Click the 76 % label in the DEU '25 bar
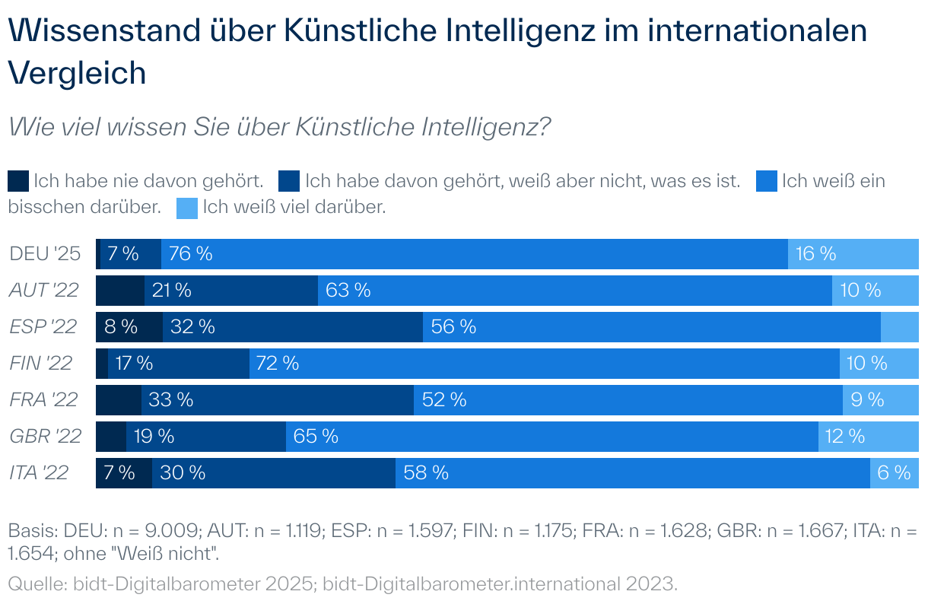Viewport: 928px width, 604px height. click(191, 254)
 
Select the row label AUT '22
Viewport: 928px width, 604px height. click(44, 290)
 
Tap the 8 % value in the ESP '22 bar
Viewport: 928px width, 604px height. click(120, 327)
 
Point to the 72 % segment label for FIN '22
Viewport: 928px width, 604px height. click(278, 364)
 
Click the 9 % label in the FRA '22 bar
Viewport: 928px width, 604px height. click(867, 399)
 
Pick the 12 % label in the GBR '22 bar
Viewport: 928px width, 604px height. click(845, 437)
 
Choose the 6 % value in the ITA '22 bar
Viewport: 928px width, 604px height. click(894, 473)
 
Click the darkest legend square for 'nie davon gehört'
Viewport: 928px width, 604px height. click(18, 182)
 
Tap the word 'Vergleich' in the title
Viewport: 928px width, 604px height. click(77, 73)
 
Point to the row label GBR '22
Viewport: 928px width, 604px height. click(45, 437)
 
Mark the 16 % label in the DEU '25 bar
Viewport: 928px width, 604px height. click(815, 254)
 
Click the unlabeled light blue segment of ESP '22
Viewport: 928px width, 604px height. click(899, 327)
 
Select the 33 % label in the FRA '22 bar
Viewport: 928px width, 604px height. click(170, 399)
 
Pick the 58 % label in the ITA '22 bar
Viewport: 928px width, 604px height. click(426, 473)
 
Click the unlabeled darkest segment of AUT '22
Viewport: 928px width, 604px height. click(119, 291)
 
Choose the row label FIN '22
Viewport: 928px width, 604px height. click(41, 364)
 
